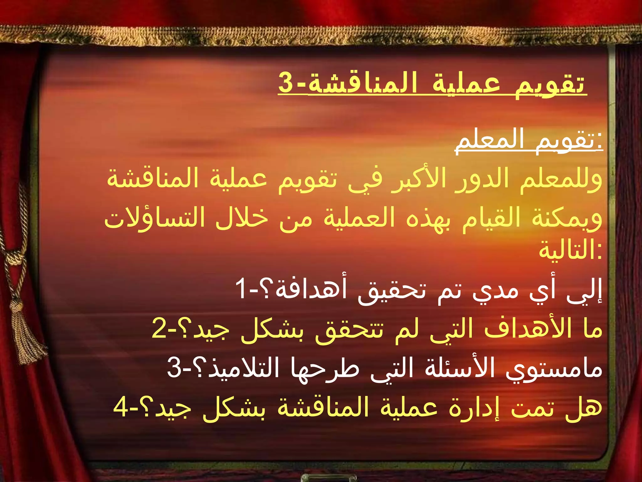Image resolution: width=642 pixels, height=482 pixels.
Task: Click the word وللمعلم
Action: [561, 179]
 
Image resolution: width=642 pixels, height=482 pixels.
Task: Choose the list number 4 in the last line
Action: [121, 406]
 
